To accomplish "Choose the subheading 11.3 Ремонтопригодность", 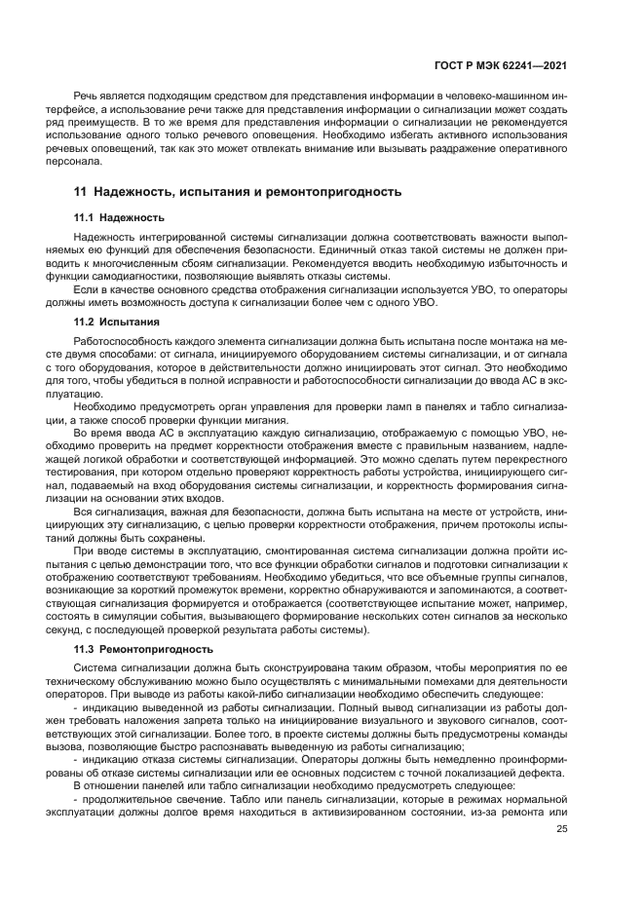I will click(143, 648).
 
